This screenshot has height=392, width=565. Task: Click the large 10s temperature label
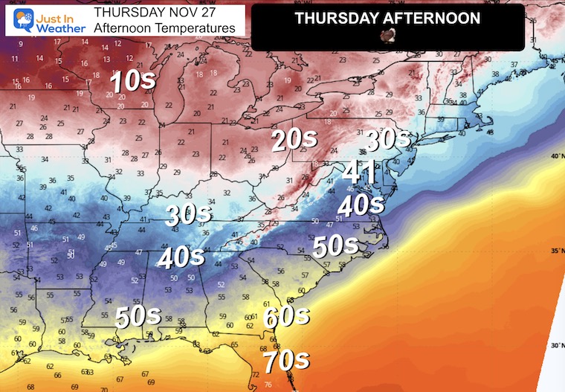133,81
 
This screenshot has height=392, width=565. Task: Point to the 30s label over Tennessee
188,215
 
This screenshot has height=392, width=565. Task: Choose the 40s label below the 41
360,204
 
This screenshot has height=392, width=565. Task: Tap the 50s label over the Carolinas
336,245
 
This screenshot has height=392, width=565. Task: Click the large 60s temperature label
286,316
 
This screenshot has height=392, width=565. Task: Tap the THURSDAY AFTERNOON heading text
387,18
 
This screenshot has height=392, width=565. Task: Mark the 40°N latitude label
557,155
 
